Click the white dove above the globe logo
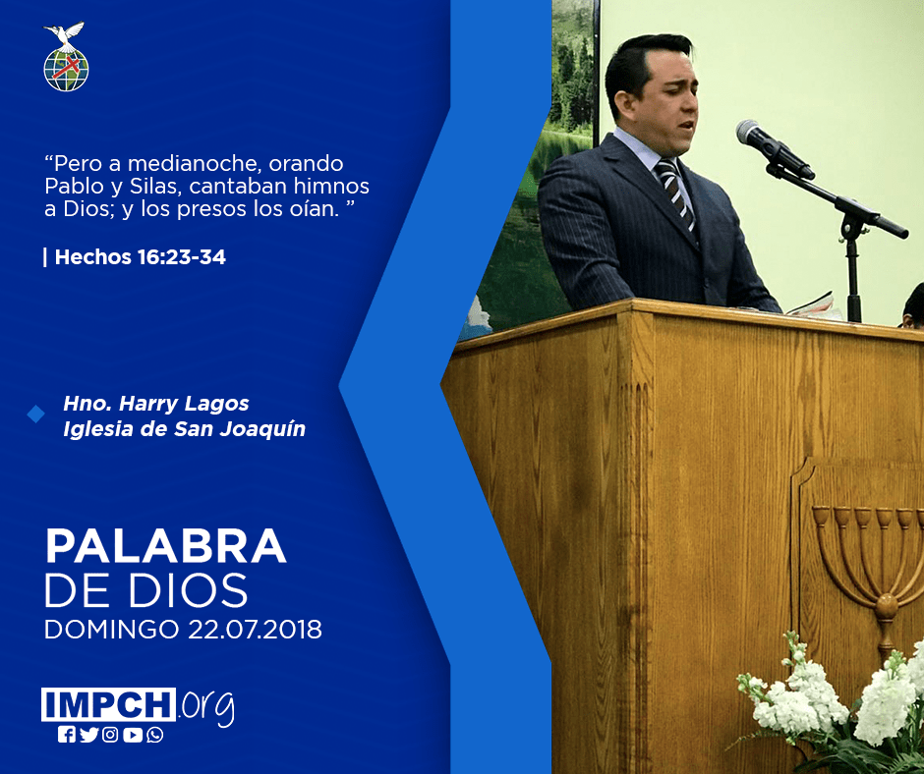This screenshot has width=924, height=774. (65, 34)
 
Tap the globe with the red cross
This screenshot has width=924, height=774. (66, 69)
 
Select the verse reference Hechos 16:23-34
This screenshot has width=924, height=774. (141, 256)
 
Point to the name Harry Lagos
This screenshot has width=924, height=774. (184, 404)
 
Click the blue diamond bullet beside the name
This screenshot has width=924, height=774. (36, 415)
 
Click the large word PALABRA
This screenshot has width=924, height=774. (166, 547)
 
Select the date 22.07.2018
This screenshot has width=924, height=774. (256, 630)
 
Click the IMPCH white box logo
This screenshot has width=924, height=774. (108, 704)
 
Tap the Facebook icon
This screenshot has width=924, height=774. (67, 735)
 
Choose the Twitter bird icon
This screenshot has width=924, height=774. (89, 735)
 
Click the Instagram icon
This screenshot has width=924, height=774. (110, 735)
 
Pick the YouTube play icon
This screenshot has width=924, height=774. (133, 735)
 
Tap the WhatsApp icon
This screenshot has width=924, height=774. (155, 735)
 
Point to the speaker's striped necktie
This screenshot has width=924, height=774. (675, 194)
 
